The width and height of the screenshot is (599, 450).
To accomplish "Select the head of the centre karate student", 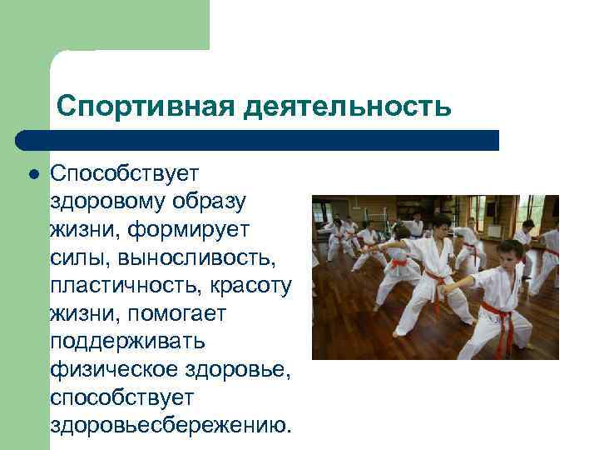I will (439, 225).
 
